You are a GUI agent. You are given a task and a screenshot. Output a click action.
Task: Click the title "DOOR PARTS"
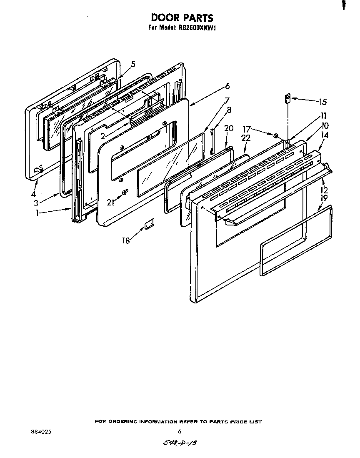point(182,18)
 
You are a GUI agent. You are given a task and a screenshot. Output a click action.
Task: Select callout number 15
point(322,101)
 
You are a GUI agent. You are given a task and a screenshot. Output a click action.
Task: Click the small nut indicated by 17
point(276,135)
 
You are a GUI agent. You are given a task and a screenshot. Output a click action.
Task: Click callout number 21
point(110,202)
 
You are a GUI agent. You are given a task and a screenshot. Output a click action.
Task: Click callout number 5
point(133,64)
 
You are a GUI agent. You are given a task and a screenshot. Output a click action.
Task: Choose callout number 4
point(33,194)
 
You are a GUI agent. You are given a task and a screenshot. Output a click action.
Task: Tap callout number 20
point(228,128)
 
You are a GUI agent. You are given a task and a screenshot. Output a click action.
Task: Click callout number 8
point(229,110)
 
